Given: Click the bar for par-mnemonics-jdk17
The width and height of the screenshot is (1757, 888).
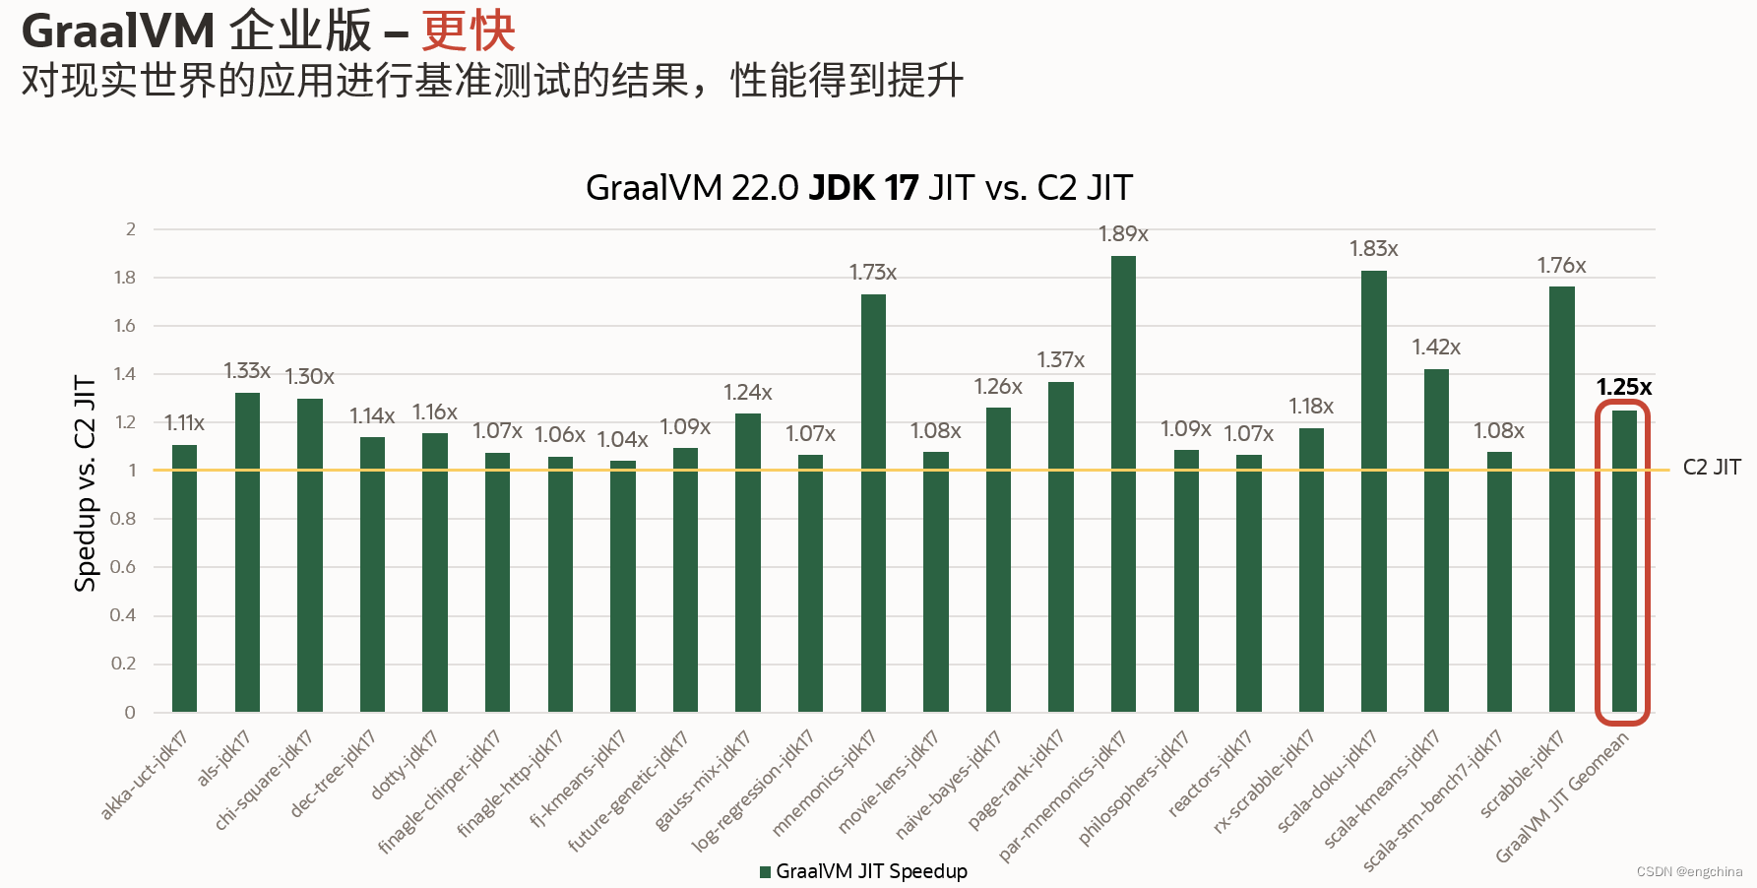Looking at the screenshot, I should pyautogui.click(x=1123, y=482).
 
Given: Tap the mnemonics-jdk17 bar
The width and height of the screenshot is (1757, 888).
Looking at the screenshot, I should pyautogui.click(x=873, y=502).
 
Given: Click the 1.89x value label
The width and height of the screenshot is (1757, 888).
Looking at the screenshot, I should pyautogui.click(x=1123, y=234).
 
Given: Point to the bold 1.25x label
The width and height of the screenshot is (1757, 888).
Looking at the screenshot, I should pyautogui.click(x=1623, y=387).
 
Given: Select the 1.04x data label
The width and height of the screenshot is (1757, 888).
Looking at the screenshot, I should pyautogui.click(x=622, y=439).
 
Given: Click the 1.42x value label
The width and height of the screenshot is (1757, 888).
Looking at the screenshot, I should pyautogui.click(x=1436, y=348).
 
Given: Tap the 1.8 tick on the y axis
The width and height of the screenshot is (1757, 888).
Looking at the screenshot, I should pyautogui.click(x=125, y=278).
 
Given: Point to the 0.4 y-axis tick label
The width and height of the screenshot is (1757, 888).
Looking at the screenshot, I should pyautogui.click(x=123, y=615).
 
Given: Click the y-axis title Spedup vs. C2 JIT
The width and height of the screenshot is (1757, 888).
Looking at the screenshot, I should pyautogui.click(x=86, y=482).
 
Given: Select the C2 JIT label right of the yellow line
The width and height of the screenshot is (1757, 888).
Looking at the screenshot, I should pyautogui.click(x=1712, y=468).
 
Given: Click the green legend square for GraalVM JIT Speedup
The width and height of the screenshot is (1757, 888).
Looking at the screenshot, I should pyautogui.click(x=765, y=871).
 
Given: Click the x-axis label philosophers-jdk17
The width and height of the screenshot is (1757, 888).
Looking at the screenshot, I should pyautogui.click(x=1134, y=788).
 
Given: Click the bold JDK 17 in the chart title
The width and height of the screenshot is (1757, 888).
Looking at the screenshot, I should pyautogui.click(x=863, y=188).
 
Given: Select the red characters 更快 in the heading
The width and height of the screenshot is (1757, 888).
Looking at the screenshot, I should pyautogui.click(x=469, y=31).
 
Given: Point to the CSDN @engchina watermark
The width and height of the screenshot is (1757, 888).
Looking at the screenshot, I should pyautogui.click(x=1689, y=871).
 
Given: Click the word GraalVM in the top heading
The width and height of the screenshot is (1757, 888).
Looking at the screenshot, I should pyautogui.click(x=118, y=31).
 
